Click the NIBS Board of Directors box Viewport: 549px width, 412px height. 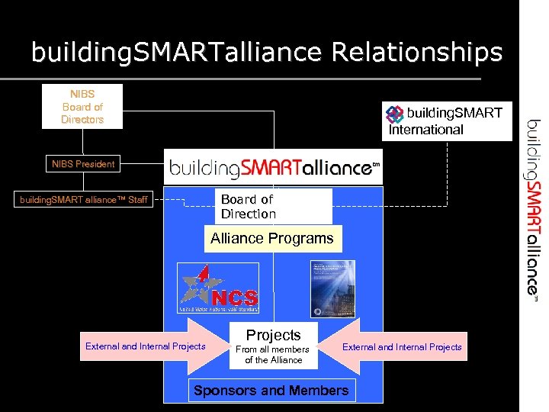pyautogui.click(x=82, y=108)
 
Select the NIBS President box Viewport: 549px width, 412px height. pyautogui.click(x=83, y=163)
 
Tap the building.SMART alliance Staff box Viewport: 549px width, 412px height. pyautogui.click(x=84, y=200)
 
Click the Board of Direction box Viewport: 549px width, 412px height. pyautogui.click(x=272, y=206)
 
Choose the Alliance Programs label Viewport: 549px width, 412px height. pyautogui.click(x=272, y=238)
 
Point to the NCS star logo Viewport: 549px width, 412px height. pyautogui.click(x=218, y=288)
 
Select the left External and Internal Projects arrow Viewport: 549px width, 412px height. pyautogui.click(x=149, y=346)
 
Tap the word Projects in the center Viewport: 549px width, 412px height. pyautogui.click(x=274, y=335)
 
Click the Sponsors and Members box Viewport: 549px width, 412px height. pyautogui.click(x=271, y=391)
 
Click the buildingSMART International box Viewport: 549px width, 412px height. pyautogui.click(x=447, y=121)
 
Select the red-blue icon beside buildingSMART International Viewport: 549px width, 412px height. pyautogui.click(x=395, y=114)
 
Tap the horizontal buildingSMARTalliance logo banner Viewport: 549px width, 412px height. pyautogui.click(x=274, y=167)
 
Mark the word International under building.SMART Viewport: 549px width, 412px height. pyautogui.click(x=426, y=130)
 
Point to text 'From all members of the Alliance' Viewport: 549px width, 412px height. pyautogui.click(x=274, y=355)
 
